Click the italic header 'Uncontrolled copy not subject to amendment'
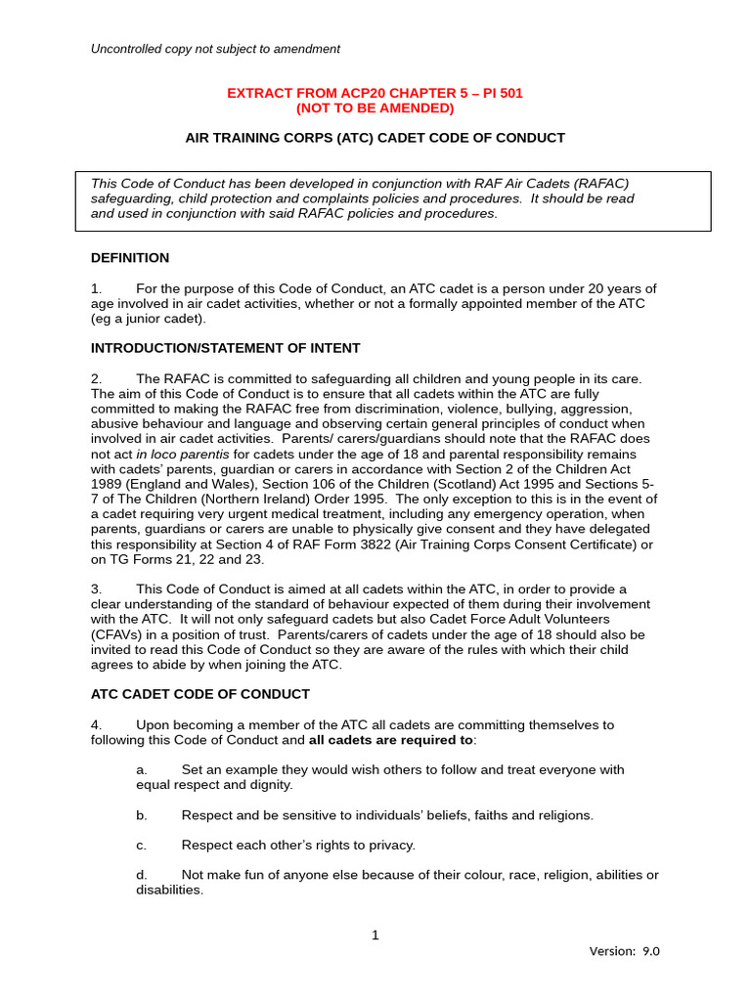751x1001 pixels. [x=215, y=49]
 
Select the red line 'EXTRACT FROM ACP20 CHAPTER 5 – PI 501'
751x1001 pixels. [x=375, y=93]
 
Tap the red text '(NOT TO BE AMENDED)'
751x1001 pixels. [x=375, y=109]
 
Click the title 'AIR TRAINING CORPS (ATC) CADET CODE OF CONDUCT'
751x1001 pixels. [x=375, y=138]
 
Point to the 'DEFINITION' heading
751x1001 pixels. [x=130, y=258]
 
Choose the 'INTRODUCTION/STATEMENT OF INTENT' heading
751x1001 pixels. [x=225, y=348]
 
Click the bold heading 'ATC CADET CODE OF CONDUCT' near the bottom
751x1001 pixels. [x=199, y=694]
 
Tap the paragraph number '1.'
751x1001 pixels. [x=96, y=288]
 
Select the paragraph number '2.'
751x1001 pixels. [x=96, y=378]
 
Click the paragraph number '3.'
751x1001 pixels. [x=96, y=588]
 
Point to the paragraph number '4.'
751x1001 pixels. [x=96, y=724]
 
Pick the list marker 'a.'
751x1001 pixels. [x=142, y=769]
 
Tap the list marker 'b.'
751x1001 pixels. [x=142, y=814]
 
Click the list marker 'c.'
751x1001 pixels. [x=142, y=845]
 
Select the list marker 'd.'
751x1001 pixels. [x=142, y=875]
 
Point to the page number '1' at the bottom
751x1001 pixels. [x=375, y=936]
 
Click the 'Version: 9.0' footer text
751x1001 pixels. [x=624, y=951]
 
